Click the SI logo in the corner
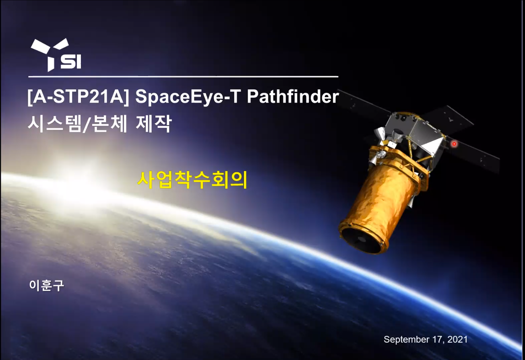pos(56,55)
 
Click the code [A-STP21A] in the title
pos(78,97)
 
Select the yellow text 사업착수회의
pos(192,180)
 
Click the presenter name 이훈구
pos(46,285)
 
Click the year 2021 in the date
pos(457,339)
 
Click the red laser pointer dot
pos(454,144)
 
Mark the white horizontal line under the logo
pos(183,76)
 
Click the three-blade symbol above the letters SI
pos(50,54)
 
